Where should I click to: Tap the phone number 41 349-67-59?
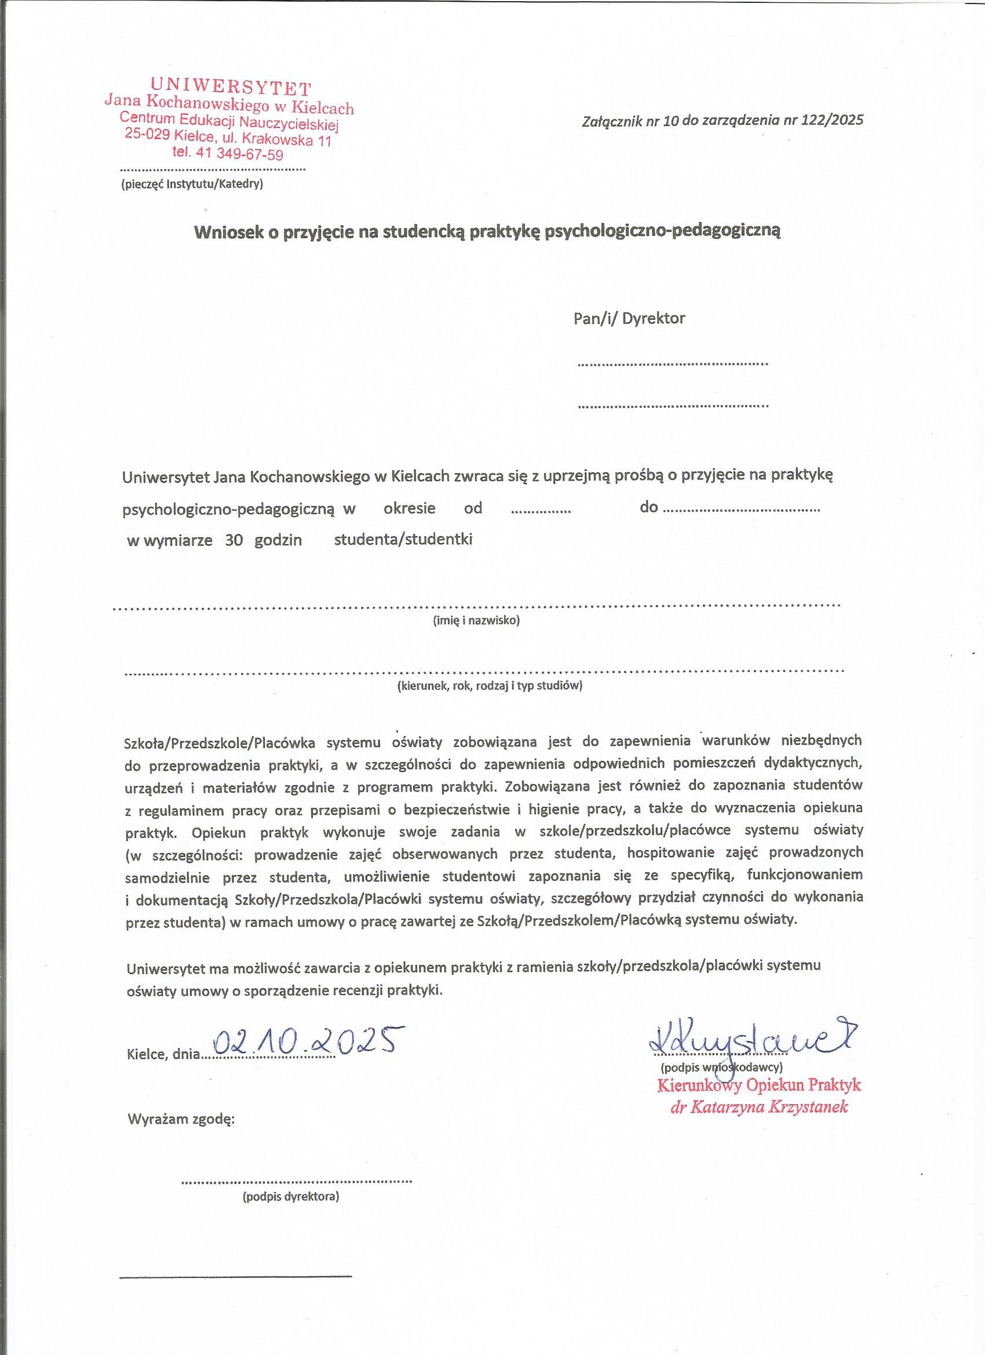click(x=243, y=154)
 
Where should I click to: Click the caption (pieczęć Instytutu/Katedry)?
click(x=192, y=184)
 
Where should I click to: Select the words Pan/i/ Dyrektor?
click(x=629, y=318)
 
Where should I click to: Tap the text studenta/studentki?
click(x=403, y=539)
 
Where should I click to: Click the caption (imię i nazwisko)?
click(x=476, y=621)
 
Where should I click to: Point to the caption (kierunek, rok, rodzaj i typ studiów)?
click(x=489, y=686)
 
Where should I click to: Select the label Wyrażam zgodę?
click(x=181, y=1120)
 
